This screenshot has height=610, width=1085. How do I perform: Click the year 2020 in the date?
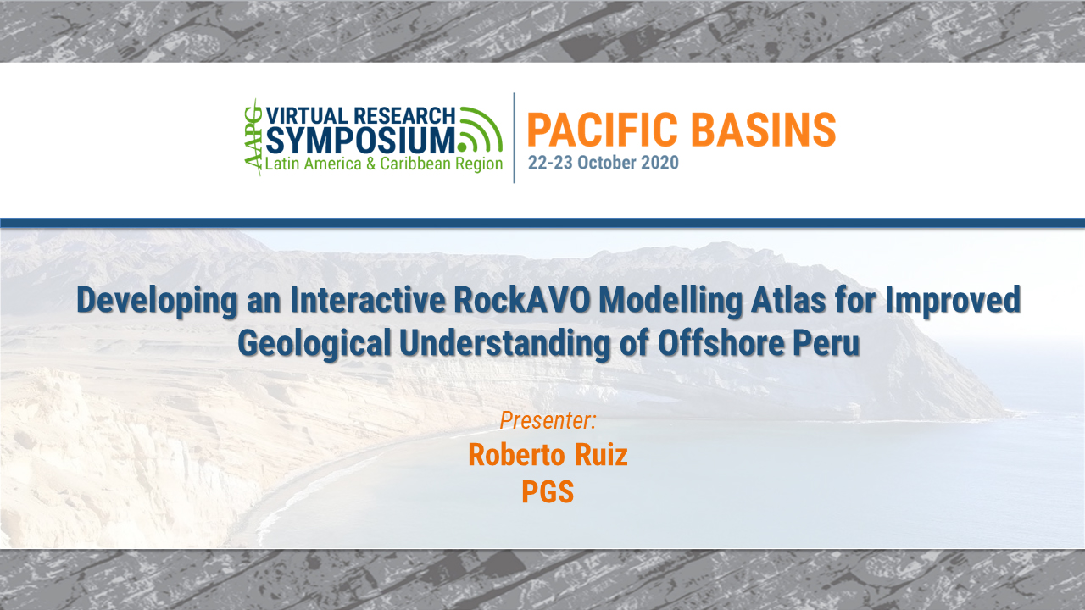point(659,163)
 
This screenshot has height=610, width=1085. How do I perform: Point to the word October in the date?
point(598,163)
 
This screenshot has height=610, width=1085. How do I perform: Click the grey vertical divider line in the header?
point(515,137)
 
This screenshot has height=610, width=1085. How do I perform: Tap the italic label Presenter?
point(548,419)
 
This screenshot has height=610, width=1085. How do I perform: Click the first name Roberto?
point(516,455)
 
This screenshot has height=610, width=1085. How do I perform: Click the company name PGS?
point(548,492)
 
